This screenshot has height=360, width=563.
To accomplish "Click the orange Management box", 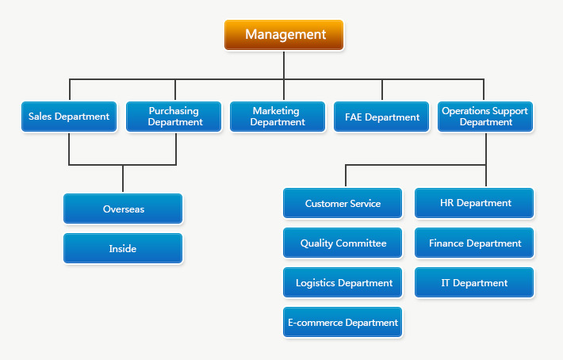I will pos(284,35).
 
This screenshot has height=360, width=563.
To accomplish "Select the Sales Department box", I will pos(69,117).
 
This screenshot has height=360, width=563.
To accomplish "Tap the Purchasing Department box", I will pos(174,117).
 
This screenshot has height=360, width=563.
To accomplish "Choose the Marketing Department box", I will pos(277,117).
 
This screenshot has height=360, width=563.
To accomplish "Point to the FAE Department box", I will pos(381,117).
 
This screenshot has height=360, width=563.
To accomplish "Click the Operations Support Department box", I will pos(485,117).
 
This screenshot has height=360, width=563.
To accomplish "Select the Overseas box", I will pos(123,209).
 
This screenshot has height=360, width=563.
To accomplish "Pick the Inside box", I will pos(123,248).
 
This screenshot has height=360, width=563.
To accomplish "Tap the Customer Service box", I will pos(343,203).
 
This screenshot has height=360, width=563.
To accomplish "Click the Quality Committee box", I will pos(343,243).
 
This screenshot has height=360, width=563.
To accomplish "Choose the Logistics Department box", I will pos(343,282).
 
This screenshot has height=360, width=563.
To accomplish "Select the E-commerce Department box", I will pos(343,322).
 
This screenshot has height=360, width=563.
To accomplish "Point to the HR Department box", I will pos(474,203).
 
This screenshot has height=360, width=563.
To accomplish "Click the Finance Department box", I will pos(474,243).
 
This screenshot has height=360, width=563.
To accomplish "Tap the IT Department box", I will pos(474,282).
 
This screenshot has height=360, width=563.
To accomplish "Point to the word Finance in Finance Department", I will pos(446,243).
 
